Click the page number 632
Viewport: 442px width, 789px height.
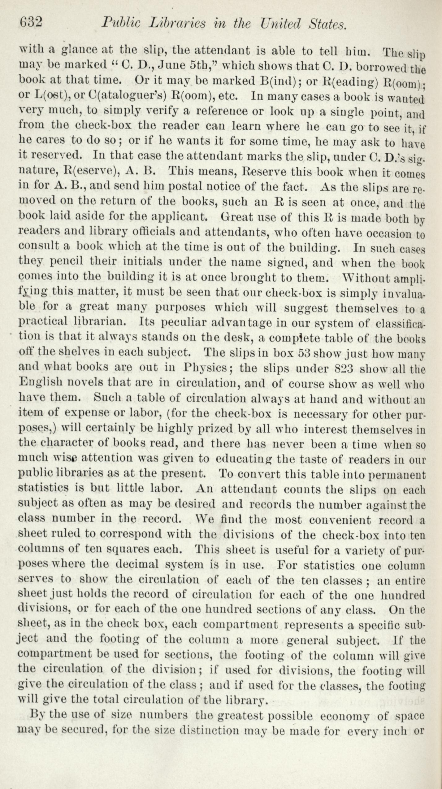(31, 23)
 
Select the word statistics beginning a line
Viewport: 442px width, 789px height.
(43, 488)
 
